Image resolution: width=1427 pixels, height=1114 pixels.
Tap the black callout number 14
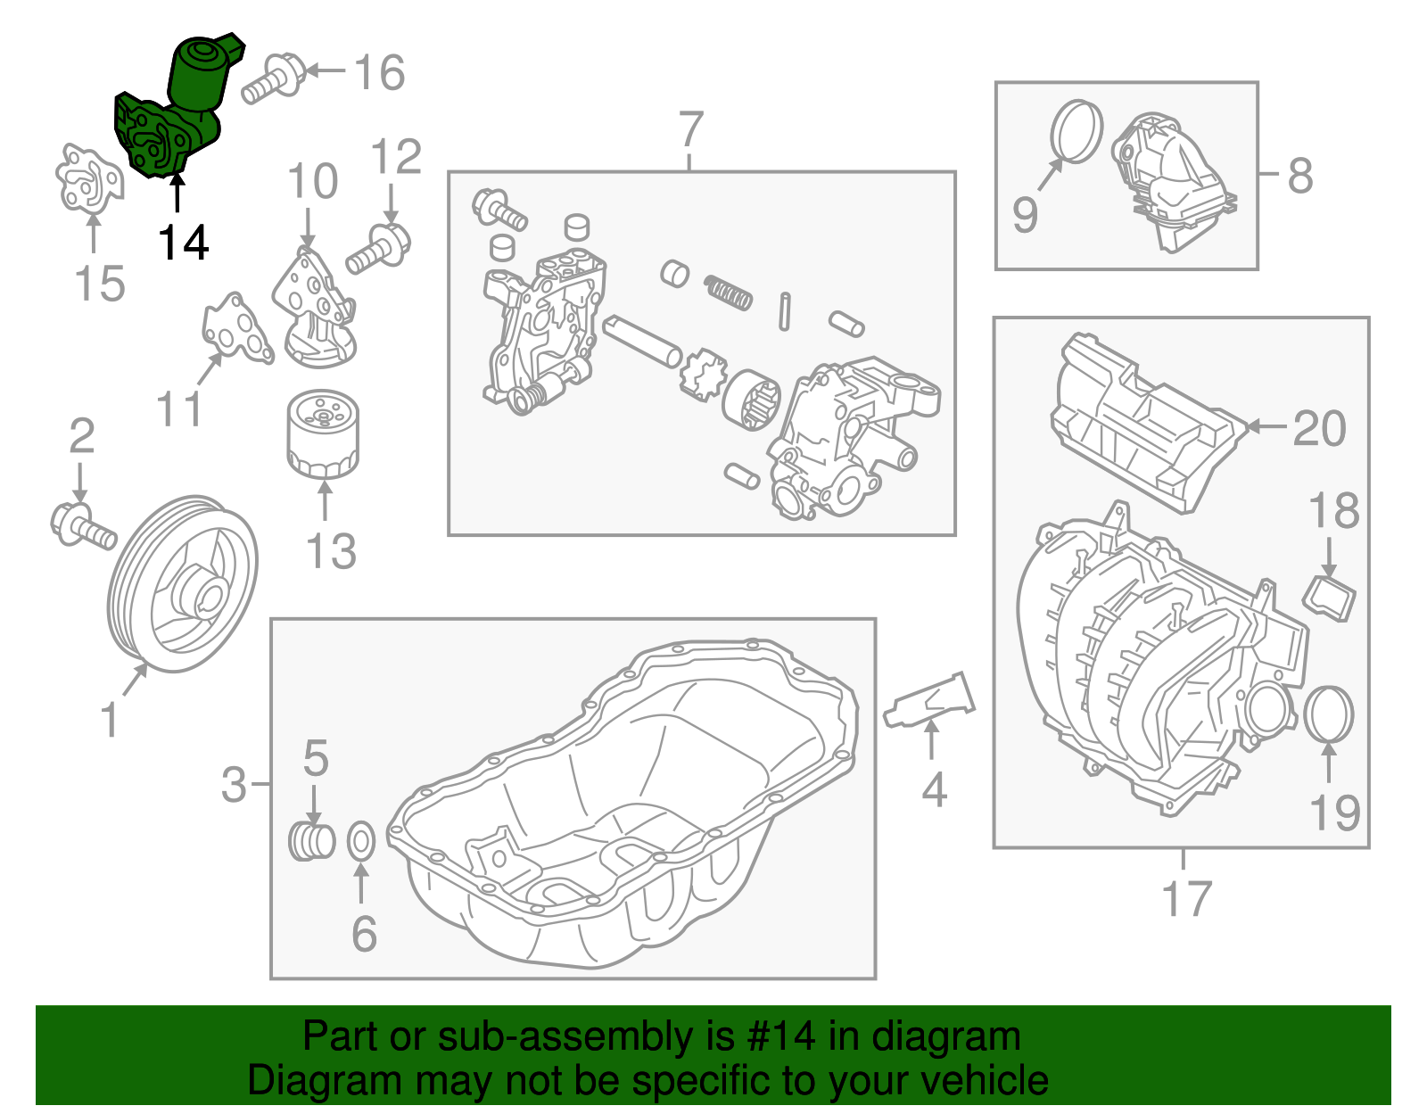(184, 243)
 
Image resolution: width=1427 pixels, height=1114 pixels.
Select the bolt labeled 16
(273, 78)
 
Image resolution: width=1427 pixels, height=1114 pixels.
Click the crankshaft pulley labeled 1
(183, 584)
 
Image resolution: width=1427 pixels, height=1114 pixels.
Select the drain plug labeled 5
(311, 840)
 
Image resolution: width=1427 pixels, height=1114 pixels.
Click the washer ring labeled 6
(360, 840)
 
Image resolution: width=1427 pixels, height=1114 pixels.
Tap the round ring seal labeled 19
(1329, 714)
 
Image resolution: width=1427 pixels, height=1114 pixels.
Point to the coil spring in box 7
(728, 292)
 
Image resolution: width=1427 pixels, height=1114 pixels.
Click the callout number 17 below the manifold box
(1185, 898)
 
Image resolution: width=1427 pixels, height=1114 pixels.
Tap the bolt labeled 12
(378, 250)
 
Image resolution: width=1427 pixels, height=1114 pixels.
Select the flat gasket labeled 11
(235, 329)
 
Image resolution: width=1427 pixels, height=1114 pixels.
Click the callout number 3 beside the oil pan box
(234, 784)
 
